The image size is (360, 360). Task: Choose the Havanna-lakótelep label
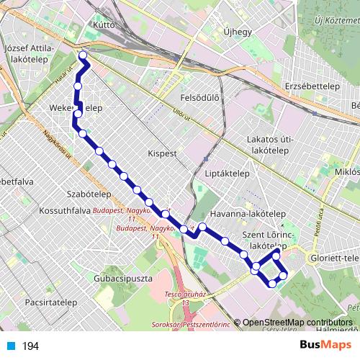248,215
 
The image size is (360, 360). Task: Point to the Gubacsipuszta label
120,277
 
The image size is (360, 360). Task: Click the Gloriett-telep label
333,258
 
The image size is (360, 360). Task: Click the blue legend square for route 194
10,346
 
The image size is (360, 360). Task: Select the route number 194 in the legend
30,346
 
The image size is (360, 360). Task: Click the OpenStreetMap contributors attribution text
298,323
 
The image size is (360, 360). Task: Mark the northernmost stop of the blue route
82,55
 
